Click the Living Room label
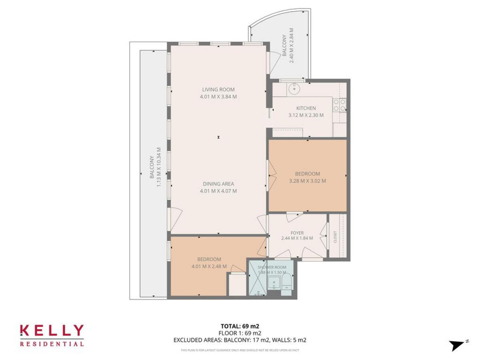218,90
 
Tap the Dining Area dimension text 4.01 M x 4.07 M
218,191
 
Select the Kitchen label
306,108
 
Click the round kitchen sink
294,88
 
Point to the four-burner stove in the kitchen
340,105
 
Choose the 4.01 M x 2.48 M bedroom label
209,263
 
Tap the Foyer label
297,233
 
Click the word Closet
335,237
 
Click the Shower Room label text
272,267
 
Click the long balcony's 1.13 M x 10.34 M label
155,172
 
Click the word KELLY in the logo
52,331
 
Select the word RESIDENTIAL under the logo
52,344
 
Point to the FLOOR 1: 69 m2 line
240,333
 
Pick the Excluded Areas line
240,340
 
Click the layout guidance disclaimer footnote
240,350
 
